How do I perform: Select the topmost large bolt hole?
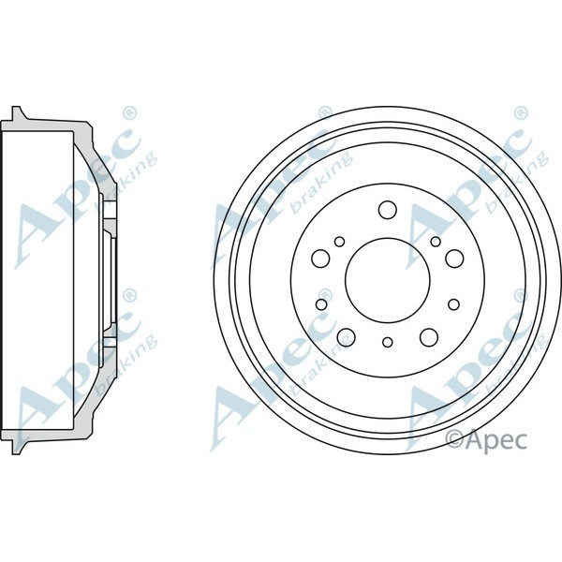[386, 208]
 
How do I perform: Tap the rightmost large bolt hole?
[453, 255]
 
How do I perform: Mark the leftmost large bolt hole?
[318, 255]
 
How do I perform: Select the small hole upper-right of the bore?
[435, 243]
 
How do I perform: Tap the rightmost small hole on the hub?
[453, 303]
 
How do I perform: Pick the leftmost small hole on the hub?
[320, 303]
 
